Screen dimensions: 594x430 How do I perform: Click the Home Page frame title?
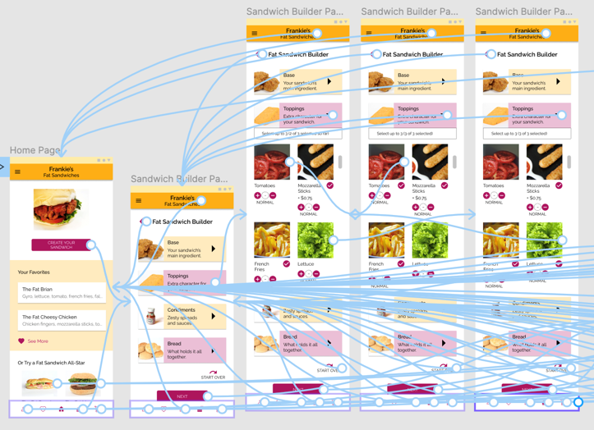35,150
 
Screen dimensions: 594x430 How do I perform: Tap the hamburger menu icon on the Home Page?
17,172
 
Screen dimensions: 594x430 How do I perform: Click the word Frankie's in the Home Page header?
61,169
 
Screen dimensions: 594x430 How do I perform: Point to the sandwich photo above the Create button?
61,209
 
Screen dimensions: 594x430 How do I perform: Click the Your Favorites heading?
34,272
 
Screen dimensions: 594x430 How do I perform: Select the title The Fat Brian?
37,290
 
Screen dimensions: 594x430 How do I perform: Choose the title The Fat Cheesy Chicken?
49,317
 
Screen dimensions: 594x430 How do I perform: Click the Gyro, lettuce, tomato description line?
62,296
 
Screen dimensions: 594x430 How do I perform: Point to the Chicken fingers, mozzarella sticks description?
62,324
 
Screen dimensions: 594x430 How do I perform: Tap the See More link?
38,341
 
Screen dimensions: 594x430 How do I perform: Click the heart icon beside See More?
21,341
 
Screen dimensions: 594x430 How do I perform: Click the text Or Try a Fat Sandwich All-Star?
51,362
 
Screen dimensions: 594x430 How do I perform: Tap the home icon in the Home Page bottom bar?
61,409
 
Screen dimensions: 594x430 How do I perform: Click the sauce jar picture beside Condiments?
151,316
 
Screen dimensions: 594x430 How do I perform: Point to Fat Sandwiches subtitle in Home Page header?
61,176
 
